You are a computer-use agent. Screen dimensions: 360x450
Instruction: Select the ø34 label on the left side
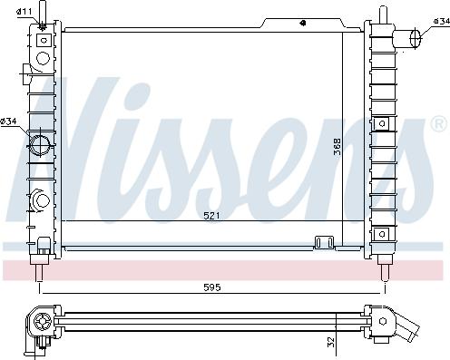pyautogui.click(x=10, y=122)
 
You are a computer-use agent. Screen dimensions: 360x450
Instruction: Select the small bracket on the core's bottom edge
pyautogui.click(x=320, y=241)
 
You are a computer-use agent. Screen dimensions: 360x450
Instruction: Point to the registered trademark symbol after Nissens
pyautogui.click(x=440, y=122)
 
